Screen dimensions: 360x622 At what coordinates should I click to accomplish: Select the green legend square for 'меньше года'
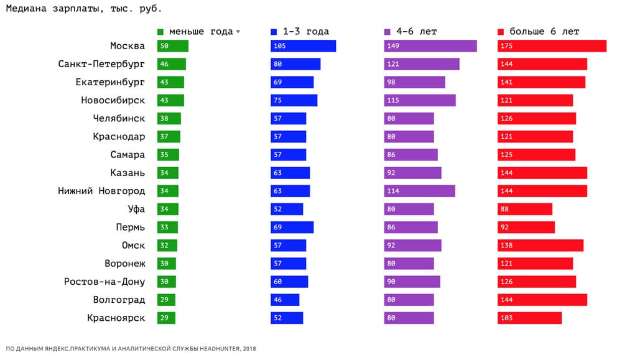point(160,32)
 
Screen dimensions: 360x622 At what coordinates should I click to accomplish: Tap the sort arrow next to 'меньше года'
point(238,32)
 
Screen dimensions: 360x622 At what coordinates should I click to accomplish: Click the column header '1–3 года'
point(305,32)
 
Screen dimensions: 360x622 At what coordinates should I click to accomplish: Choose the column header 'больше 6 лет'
point(544,32)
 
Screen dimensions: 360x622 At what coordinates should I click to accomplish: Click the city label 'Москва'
point(127,46)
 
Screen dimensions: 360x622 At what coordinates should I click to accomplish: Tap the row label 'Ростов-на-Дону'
point(104,282)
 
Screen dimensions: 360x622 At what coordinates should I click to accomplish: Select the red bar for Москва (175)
point(552,46)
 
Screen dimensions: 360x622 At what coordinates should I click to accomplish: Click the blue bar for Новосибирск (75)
point(294,100)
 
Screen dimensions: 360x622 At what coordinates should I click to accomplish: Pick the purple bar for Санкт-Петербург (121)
point(422,64)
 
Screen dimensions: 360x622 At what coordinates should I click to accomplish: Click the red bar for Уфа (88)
point(524,209)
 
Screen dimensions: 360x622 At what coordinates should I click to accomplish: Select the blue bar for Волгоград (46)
point(285,300)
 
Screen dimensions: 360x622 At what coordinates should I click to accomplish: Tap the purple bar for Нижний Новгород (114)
point(420,191)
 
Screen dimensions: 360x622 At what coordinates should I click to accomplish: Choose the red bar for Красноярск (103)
point(529,318)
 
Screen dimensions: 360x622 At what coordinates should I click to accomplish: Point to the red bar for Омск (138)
point(540,246)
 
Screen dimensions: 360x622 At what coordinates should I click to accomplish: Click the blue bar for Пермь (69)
point(292,228)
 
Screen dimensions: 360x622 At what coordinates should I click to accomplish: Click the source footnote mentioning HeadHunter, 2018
point(131,349)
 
